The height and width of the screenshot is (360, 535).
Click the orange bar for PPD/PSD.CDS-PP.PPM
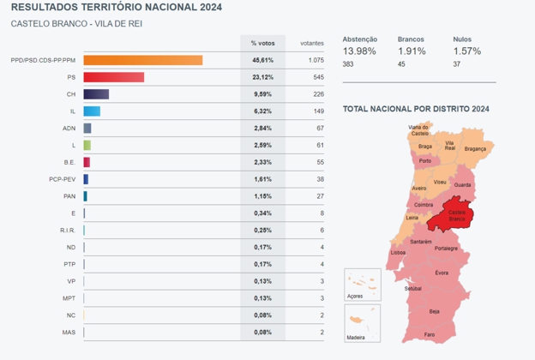[x=142, y=60]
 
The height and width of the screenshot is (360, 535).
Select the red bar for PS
[x=113, y=77]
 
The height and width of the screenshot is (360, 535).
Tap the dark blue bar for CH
[x=96, y=94]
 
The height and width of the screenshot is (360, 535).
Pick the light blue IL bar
[x=92, y=111]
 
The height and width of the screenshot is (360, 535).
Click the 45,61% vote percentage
[x=262, y=60]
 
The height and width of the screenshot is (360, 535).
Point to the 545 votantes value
[x=316, y=77]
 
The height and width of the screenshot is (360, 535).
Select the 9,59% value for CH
[x=262, y=94]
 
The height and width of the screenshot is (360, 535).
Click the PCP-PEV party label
[x=63, y=179]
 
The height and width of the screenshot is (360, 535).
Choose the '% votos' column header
[x=262, y=42]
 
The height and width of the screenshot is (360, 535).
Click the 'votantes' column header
[x=312, y=42]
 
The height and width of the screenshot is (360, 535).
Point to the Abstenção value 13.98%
[x=358, y=51]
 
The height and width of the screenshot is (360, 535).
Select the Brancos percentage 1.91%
[x=412, y=51]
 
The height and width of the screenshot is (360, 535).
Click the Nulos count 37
[x=457, y=64]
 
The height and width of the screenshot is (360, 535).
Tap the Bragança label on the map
[x=474, y=148]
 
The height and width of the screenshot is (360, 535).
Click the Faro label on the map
[x=430, y=333]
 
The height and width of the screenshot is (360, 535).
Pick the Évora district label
[x=441, y=273]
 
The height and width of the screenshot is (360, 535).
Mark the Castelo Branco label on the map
[x=456, y=215]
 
